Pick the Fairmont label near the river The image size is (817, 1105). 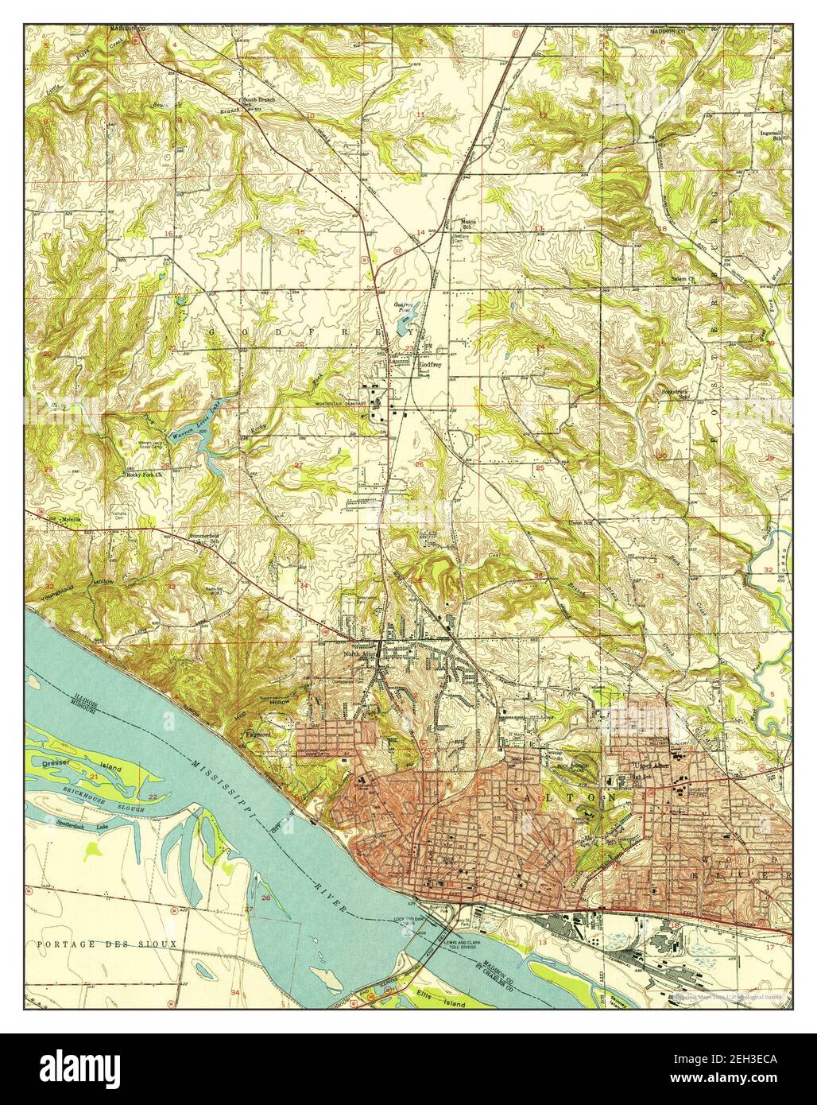coord(258,735)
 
